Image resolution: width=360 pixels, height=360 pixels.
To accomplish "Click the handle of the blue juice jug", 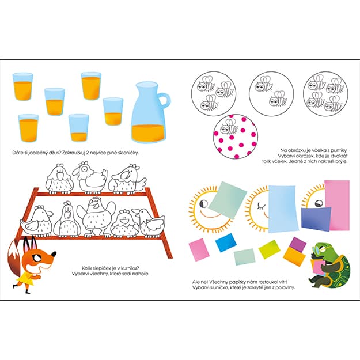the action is pyautogui.click(x=167, y=100).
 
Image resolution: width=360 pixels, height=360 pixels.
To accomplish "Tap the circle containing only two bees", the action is pyautogui.click(x=271, y=94).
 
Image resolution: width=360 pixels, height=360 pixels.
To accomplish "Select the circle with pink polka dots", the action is pyautogui.click(x=236, y=137).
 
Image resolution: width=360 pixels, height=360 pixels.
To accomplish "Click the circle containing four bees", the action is pyautogui.click(x=325, y=94).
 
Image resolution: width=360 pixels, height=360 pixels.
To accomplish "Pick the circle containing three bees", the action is pyautogui.click(x=214, y=94).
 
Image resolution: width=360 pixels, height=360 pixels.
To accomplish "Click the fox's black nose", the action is pyautogui.click(x=54, y=254).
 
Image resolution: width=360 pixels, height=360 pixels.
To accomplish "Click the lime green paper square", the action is pyautogui.click(x=270, y=249).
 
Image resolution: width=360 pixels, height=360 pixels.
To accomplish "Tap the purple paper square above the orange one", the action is pyautogui.click(x=298, y=244).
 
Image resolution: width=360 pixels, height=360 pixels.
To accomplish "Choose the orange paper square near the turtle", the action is pyautogui.click(x=294, y=257).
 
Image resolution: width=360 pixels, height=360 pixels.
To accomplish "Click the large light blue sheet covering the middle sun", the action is pyautogui.click(x=284, y=209).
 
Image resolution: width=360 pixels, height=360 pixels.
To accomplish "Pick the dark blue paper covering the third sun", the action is pyautogui.click(x=316, y=218).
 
